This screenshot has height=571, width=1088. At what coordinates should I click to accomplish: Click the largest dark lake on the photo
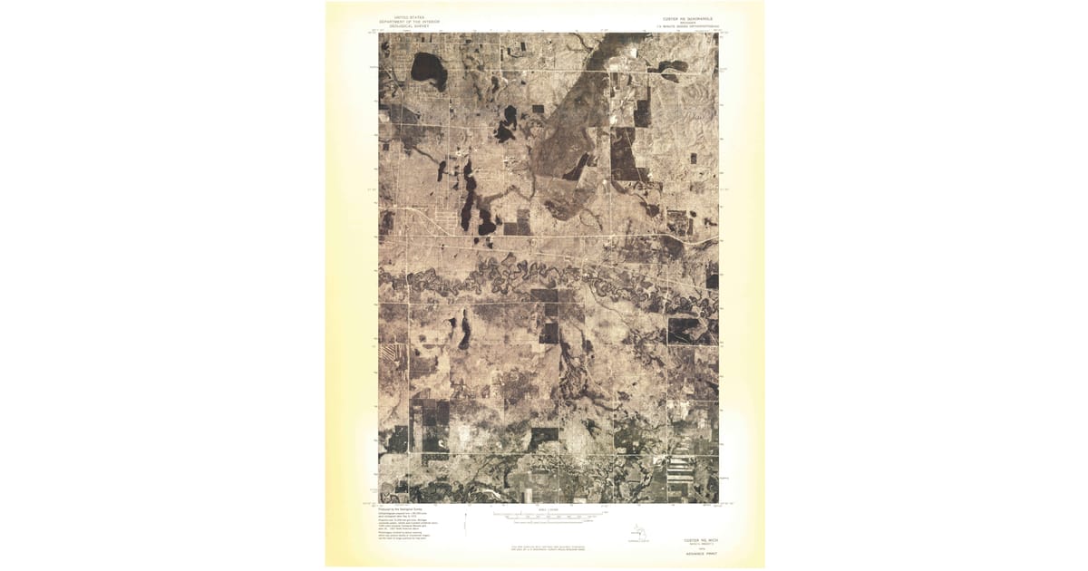tap(428, 69)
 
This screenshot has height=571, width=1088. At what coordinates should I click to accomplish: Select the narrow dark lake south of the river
tap(465, 332)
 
